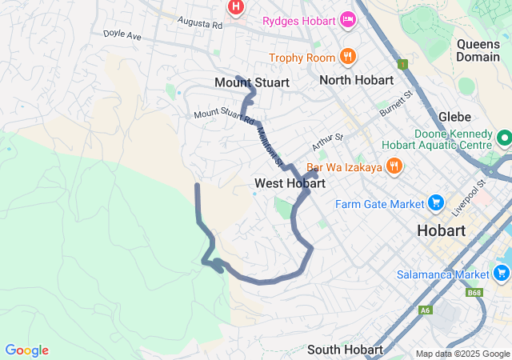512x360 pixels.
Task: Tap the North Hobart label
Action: coord(356,80)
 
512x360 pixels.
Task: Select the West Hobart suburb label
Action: coord(290,183)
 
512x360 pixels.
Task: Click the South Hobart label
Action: coord(345,350)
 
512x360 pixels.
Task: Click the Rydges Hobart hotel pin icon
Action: coord(347,18)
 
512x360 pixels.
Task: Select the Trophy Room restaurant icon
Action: coord(347,56)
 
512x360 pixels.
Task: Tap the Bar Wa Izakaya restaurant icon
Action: coord(394,166)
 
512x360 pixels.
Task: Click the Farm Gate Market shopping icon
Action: coord(436,203)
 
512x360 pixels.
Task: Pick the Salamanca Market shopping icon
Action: coord(502,274)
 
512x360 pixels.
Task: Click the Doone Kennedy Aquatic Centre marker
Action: coord(504,139)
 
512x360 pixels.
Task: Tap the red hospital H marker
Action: coord(236,8)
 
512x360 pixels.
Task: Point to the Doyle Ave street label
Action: coord(122,35)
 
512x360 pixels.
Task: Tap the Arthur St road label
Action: coord(327,142)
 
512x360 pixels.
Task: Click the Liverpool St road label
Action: coord(469,198)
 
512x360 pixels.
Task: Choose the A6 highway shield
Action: coord(425,310)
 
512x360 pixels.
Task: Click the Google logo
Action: coord(26,350)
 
